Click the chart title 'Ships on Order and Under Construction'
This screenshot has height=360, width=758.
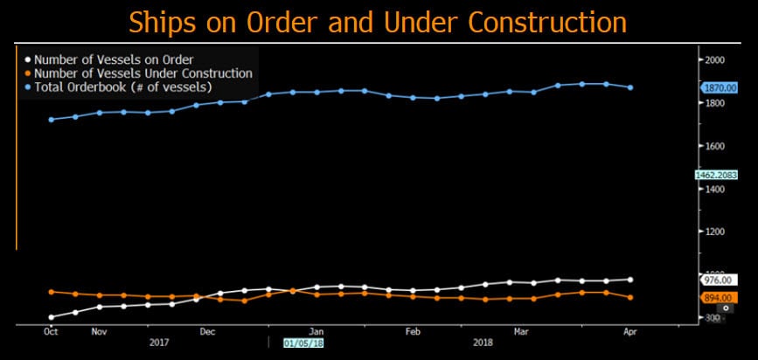378,21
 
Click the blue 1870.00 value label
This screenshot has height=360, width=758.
720,88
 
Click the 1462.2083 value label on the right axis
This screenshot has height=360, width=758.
718,175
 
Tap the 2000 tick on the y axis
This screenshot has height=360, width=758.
715,60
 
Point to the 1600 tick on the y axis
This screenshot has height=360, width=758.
715,146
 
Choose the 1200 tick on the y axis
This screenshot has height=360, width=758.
715,232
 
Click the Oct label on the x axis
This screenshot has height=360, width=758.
51,332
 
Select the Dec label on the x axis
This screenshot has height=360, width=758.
207,332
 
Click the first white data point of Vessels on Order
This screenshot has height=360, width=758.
51,317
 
